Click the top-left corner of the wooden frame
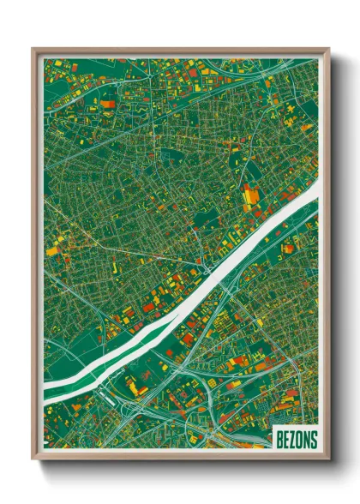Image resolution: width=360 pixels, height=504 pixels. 33,49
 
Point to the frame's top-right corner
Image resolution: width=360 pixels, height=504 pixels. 328,49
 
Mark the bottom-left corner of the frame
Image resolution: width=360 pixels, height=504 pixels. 33,460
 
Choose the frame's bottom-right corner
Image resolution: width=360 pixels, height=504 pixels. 328,460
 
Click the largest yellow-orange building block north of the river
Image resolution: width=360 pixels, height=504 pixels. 249,198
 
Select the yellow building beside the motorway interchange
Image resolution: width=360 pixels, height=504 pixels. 137,390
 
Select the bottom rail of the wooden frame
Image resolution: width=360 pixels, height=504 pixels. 180,458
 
